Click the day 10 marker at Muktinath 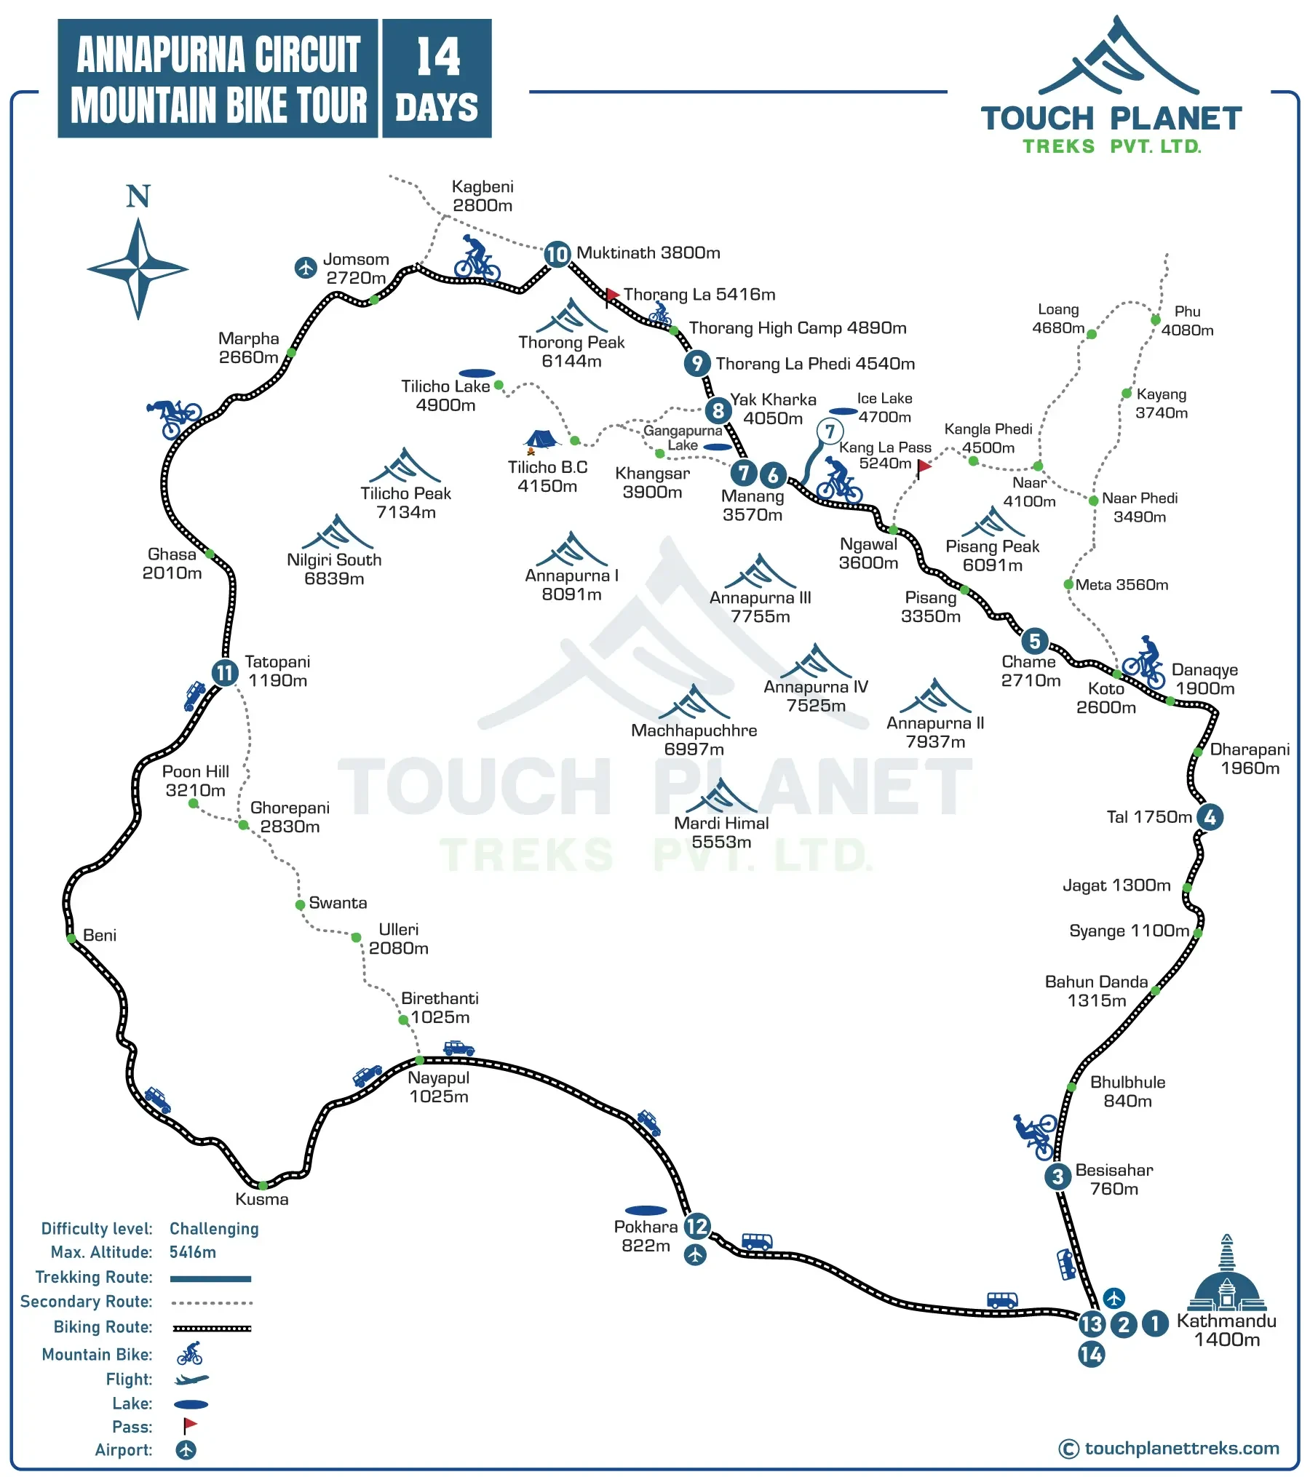[557, 254]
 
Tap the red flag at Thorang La [612, 295]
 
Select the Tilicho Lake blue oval [477, 373]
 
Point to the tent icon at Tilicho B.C [540, 439]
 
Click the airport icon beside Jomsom [306, 267]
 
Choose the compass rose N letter [138, 196]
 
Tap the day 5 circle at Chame [1034, 641]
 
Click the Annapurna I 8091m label [572, 585]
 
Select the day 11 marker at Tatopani [225, 672]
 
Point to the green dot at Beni [71, 939]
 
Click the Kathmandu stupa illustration [1226, 1273]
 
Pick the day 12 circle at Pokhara [697, 1226]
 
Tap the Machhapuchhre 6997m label [694, 740]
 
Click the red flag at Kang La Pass [924, 466]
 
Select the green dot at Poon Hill [194, 803]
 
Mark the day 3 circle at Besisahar [1057, 1177]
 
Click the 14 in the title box [437, 57]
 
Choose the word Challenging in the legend [214, 1229]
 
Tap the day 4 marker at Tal [1210, 817]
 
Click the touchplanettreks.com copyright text [1170, 1448]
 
